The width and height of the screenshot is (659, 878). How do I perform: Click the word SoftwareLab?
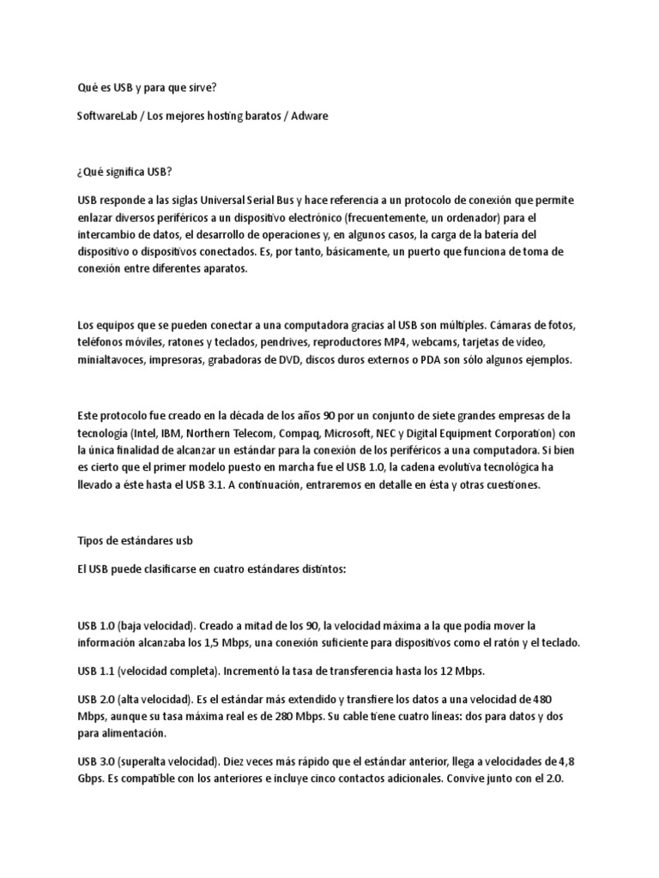pyautogui.click(x=103, y=114)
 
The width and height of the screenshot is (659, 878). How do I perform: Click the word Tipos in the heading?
pyautogui.click(x=90, y=542)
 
